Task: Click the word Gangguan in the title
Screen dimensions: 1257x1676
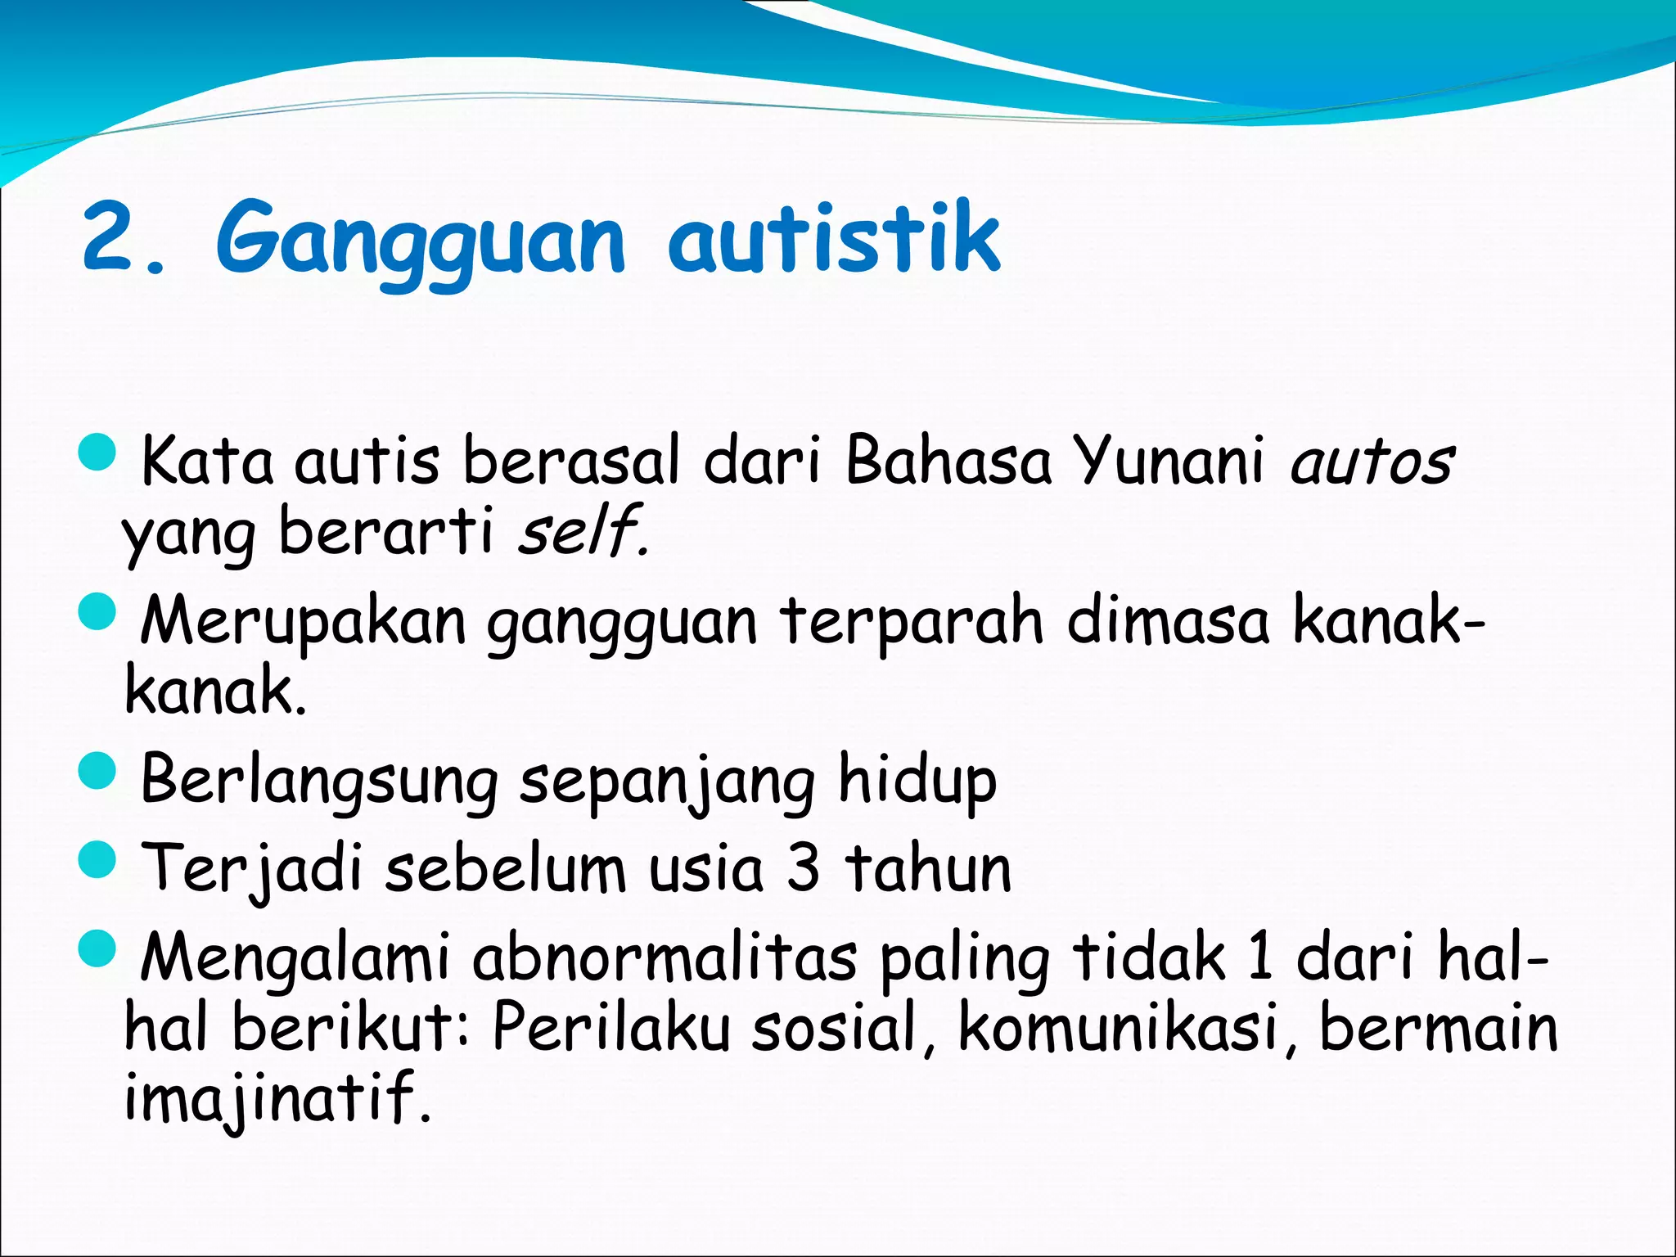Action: (x=420, y=241)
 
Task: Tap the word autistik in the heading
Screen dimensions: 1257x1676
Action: (x=834, y=237)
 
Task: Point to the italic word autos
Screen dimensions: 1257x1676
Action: (x=1371, y=462)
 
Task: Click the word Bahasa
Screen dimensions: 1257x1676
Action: (x=947, y=461)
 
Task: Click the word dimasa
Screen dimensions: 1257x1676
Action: (x=1168, y=619)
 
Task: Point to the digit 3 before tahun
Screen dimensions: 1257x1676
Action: (x=803, y=868)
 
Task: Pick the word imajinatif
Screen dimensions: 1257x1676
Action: (x=277, y=1098)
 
